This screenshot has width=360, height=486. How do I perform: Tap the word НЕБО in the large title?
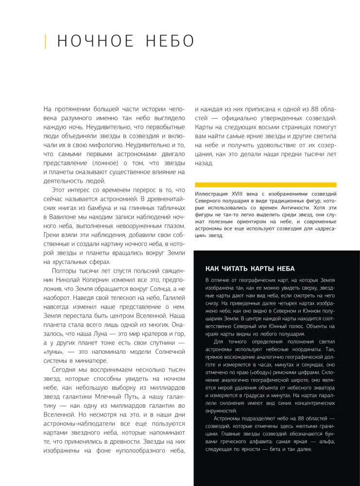(x=166, y=41)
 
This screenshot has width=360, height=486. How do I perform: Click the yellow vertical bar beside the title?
(x=45, y=41)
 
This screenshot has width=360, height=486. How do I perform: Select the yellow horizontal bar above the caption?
(x=265, y=185)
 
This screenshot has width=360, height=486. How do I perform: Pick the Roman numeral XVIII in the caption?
(x=236, y=193)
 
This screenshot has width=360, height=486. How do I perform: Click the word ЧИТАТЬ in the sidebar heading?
(x=238, y=268)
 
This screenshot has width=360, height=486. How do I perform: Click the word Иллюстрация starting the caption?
(x=211, y=193)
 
